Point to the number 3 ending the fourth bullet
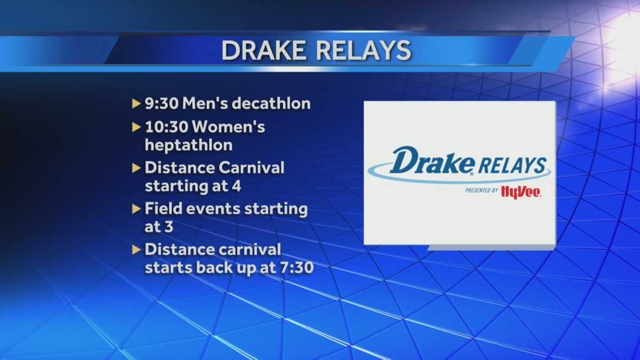click(168, 226)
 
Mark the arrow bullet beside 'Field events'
click(137, 209)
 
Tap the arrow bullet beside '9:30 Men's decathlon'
click(137, 103)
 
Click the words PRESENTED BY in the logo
click(481, 190)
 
